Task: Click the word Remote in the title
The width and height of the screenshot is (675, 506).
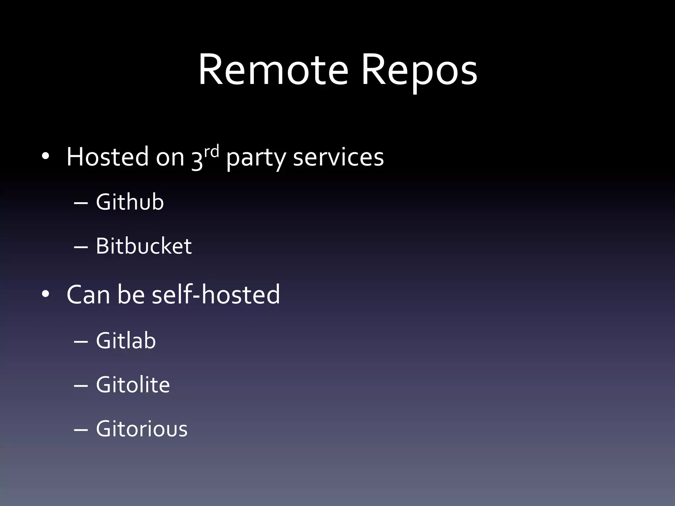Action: [273, 70]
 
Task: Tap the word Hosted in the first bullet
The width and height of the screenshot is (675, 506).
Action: [107, 157]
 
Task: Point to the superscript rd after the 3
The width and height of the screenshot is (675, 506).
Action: [211, 152]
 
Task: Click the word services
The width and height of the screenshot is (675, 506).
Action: [338, 157]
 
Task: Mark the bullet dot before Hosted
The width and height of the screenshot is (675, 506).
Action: [45, 156]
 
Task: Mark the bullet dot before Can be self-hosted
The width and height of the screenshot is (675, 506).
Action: [45, 294]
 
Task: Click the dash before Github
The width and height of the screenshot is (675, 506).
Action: [81, 203]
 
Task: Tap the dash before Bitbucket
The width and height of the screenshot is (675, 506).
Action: [81, 247]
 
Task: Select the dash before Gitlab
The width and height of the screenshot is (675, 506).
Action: [81, 342]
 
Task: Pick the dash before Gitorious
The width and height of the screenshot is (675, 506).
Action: [81, 430]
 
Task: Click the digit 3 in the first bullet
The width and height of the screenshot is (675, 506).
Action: [197, 161]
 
